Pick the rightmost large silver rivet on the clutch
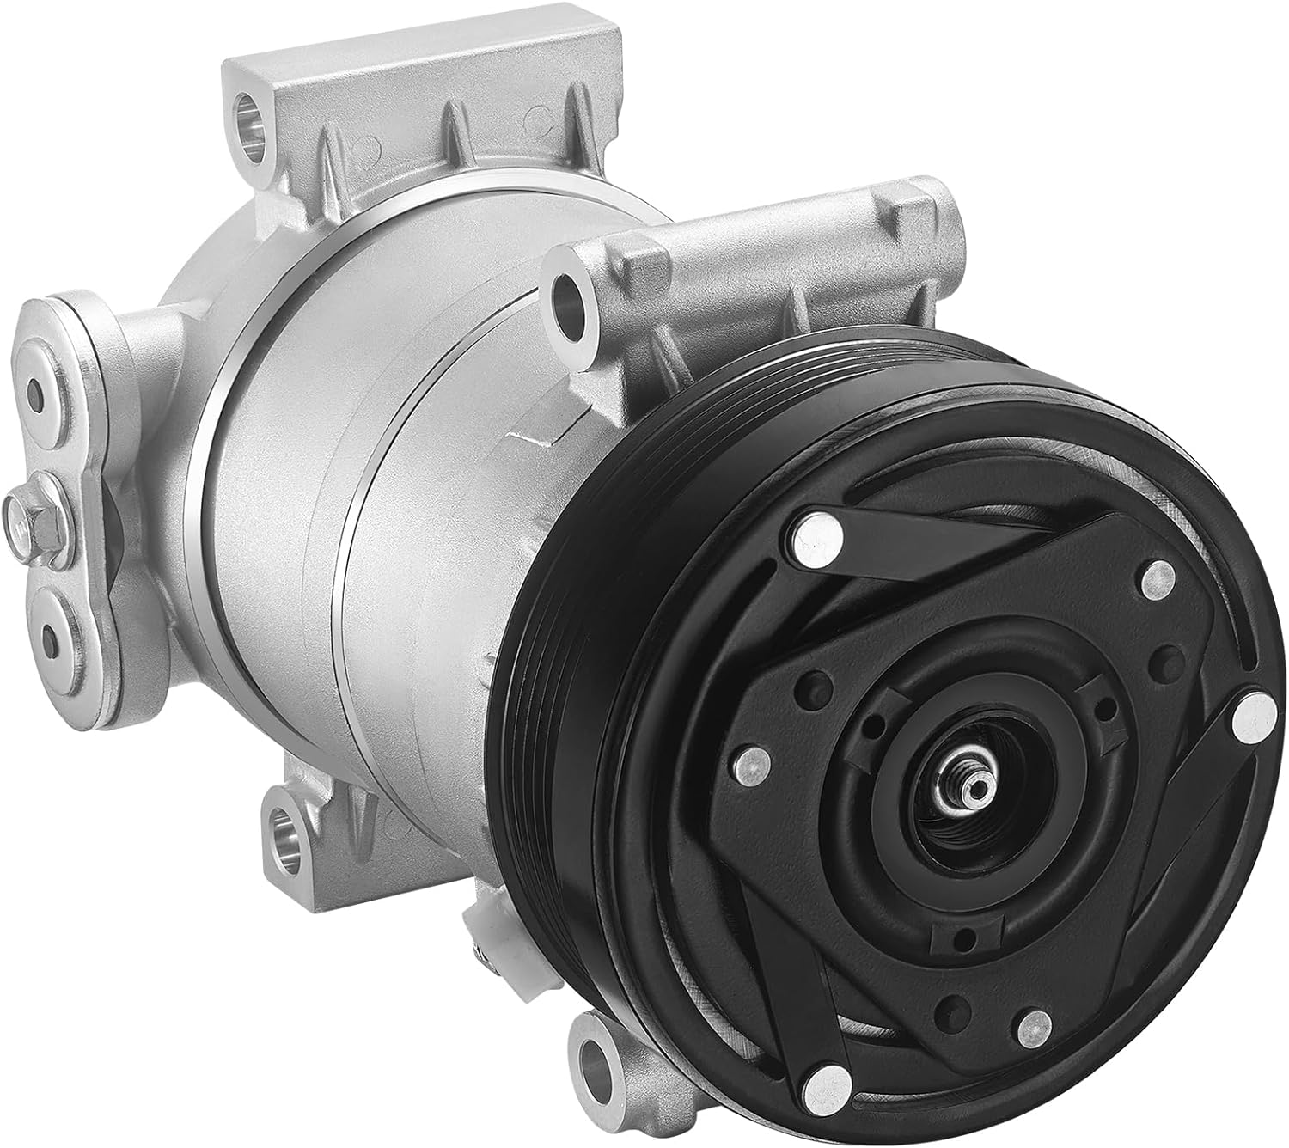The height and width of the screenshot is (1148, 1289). (1252, 718)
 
